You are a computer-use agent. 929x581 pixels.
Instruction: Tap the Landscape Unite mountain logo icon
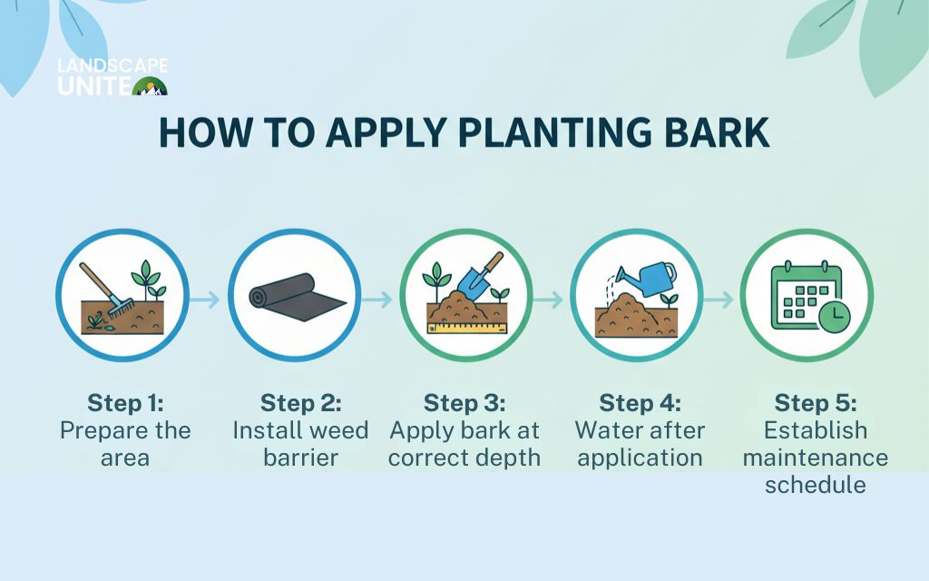(150, 86)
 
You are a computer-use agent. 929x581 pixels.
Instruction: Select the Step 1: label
(125, 403)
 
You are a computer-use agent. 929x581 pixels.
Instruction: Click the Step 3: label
(464, 403)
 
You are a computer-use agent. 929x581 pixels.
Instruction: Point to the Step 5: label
(816, 403)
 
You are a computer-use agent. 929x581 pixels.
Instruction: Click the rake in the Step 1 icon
(107, 290)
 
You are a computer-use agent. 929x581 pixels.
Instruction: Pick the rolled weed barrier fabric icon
(297, 298)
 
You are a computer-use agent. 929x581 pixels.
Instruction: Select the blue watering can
(647, 279)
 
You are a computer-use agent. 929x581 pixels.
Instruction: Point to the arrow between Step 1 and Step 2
(204, 300)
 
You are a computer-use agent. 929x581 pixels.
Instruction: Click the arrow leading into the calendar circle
(719, 300)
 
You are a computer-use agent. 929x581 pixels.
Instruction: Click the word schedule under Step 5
(816, 485)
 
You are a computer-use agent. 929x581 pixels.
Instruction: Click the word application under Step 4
(640, 458)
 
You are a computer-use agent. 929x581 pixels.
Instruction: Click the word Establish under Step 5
(816, 430)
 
